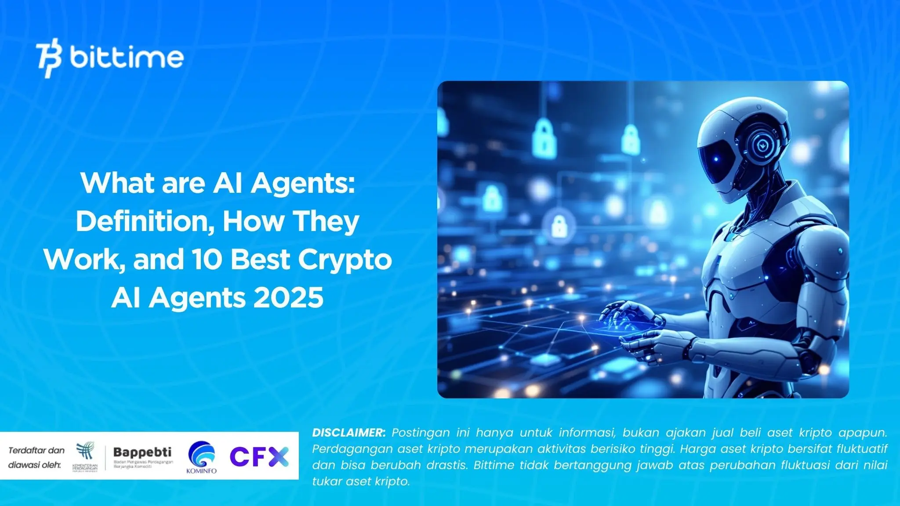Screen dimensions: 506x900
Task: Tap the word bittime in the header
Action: [x=127, y=58]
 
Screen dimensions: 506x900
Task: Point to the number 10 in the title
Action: [x=207, y=260]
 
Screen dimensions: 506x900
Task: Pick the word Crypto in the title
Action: [x=345, y=260]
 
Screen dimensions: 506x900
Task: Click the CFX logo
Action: [x=259, y=457]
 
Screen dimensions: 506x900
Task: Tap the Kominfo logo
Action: [x=202, y=457]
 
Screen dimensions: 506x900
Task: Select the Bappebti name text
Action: [x=142, y=452]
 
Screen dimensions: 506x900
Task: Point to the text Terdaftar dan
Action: [x=36, y=450]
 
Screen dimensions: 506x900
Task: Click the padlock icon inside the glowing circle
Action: [x=559, y=226]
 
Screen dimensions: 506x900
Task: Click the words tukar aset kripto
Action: [x=361, y=481]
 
